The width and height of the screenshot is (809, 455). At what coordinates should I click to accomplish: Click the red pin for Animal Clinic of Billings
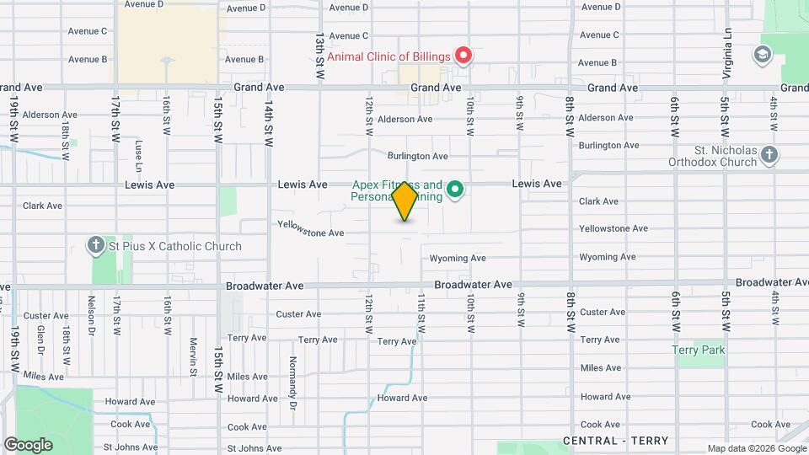[463, 56]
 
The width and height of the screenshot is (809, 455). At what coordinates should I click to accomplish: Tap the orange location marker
[404, 201]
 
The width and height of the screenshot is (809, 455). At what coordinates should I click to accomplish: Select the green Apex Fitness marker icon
[456, 190]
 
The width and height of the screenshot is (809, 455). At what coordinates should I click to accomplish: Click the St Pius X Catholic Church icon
[97, 246]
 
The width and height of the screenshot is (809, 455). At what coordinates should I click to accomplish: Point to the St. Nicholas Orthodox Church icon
[769, 154]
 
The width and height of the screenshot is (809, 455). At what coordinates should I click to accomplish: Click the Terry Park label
[699, 350]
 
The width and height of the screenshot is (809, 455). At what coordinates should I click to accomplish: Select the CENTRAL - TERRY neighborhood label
[615, 441]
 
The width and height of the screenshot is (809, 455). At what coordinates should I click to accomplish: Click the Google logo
[28, 444]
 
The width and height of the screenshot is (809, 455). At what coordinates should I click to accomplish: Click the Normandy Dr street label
[293, 384]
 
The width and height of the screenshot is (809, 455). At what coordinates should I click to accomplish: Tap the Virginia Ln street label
[727, 52]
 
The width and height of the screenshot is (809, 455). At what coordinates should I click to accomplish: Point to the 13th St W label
[319, 57]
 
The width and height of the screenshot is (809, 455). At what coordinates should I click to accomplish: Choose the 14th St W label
[268, 125]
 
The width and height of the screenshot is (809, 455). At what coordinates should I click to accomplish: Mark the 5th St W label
[725, 116]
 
